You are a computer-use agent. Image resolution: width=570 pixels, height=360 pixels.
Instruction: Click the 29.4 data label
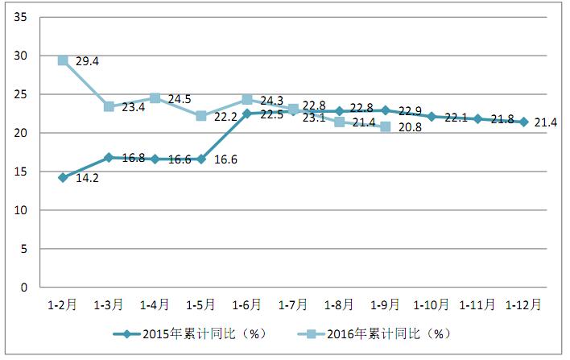click(88, 60)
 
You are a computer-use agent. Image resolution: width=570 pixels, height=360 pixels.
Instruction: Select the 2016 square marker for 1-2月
click(63, 60)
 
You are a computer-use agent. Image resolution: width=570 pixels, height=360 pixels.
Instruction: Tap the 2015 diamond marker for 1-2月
click(63, 177)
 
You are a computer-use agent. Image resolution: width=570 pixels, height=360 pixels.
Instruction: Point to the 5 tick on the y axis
click(25, 249)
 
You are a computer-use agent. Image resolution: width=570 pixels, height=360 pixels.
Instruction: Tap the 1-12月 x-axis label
click(523, 305)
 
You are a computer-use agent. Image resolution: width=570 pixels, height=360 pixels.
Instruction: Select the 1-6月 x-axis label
click(246, 305)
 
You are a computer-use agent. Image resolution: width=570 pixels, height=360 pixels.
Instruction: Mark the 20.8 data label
click(410, 127)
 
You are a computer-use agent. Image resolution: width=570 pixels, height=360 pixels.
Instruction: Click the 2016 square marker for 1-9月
click(385, 127)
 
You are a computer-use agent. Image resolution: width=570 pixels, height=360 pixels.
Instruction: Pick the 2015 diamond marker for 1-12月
click(524, 122)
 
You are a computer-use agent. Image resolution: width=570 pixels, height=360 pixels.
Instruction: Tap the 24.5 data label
click(180, 100)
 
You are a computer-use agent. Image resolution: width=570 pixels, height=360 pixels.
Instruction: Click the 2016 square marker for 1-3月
click(109, 106)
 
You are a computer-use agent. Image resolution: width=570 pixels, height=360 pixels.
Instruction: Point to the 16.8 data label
click(133, 158)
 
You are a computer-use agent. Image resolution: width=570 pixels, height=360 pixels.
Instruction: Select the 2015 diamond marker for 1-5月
click(200, 159)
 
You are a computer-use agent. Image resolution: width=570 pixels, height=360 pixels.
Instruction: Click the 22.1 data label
click(456, 118)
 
